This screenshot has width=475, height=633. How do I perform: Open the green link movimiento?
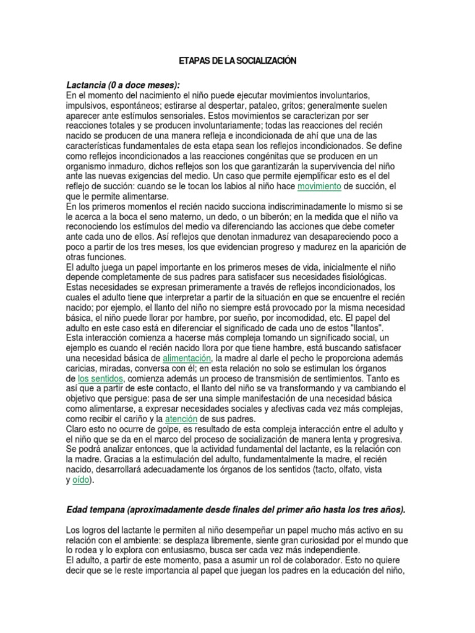click(x=319, y=186)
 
